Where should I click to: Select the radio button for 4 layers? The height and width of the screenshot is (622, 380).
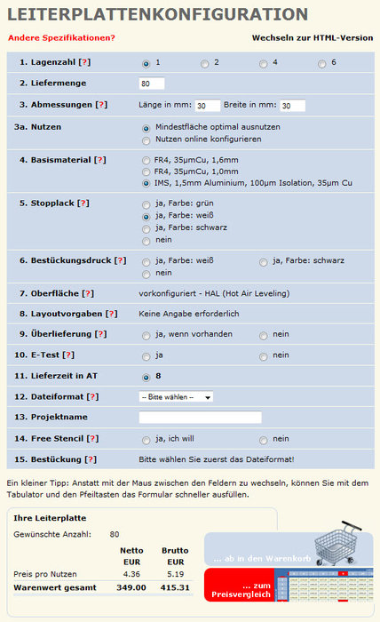pos(264,64)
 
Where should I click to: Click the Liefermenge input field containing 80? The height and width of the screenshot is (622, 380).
pos(152,84)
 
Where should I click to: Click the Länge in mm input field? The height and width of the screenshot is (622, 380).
pos(208,106)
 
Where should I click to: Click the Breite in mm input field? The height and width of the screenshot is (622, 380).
pos(292,106)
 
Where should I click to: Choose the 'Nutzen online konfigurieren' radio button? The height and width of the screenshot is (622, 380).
pos(146,140)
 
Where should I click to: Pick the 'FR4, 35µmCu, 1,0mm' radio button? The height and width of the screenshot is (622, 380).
pos(146,171)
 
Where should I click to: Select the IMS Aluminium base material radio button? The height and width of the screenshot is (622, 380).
pos(146,183)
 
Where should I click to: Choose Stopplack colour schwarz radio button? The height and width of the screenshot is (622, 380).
pos(146,227)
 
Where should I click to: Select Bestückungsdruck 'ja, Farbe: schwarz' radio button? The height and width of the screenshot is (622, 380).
pos(264,261)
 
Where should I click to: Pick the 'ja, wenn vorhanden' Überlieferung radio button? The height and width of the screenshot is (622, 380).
pos(146,335)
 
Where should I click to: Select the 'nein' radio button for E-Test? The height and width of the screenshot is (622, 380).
pos(264,355)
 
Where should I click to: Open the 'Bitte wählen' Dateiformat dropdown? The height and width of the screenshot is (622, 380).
pos(176,396)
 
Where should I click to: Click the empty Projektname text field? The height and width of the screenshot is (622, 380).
pos(200,417)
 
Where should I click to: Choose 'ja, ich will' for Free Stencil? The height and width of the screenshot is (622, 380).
pos(146,439)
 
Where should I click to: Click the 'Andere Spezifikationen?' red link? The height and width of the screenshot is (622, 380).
pos(61,37)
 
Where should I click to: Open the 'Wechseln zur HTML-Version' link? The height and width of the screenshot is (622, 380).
pos(313,38)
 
